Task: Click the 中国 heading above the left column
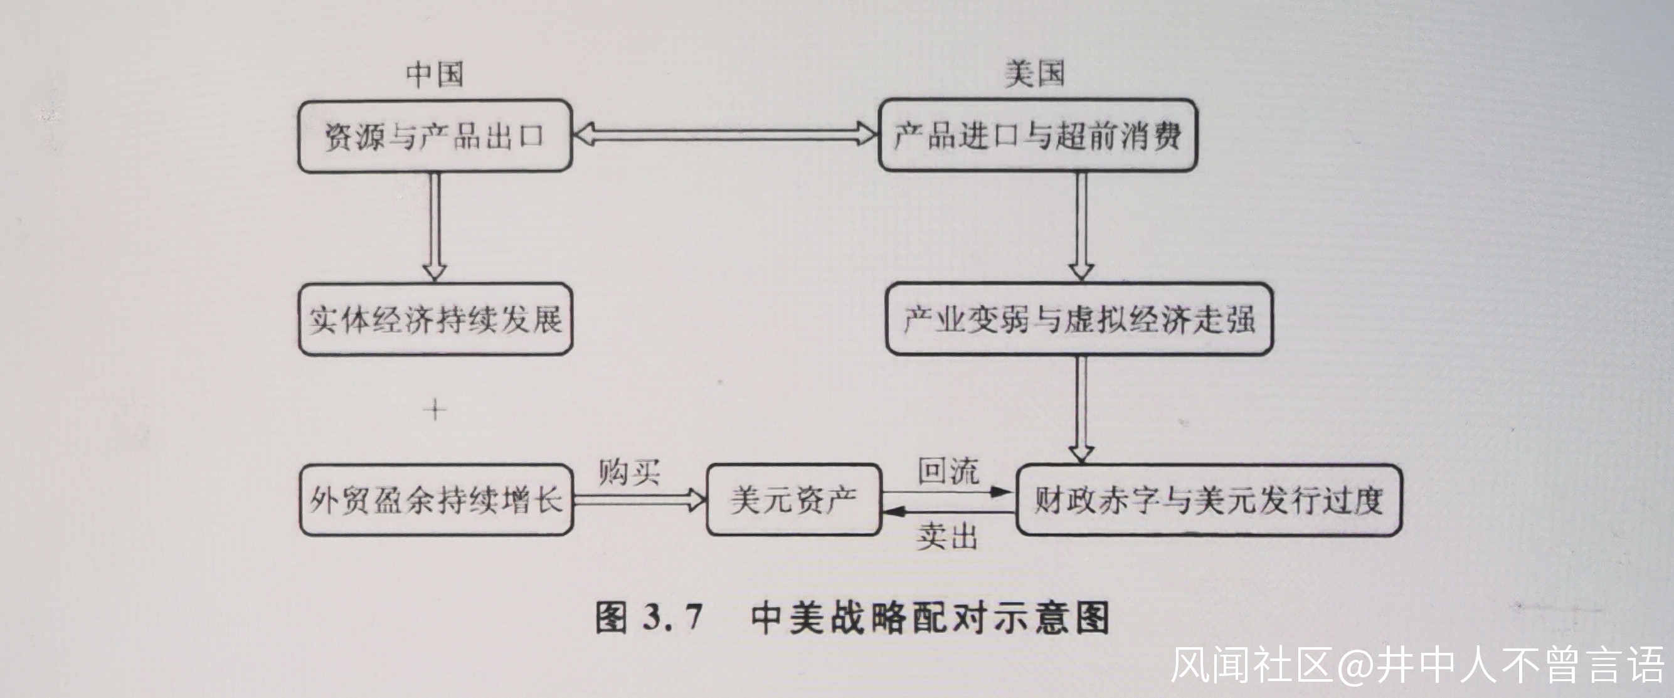click(435, 75)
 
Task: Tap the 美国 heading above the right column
click(1034, 73)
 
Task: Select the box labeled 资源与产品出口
click(435, 136)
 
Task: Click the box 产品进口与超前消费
click(1037, 136)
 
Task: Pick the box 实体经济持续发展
click(435, 319)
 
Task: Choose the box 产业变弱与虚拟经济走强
click(1079, 319)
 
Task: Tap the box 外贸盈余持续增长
click(435, 500)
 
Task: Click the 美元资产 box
click(793, 500)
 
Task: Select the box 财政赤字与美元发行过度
click(1208, 500)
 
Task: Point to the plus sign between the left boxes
click(435, 410)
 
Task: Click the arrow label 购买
click(628, 472)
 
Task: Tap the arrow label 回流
click(948, 470)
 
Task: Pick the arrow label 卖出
click(948, 537)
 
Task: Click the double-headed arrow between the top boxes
click(725, 135)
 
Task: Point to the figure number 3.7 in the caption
click(672, 616)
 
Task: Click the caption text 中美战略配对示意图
click(930, 617)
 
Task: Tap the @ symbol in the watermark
click(1355, 665)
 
